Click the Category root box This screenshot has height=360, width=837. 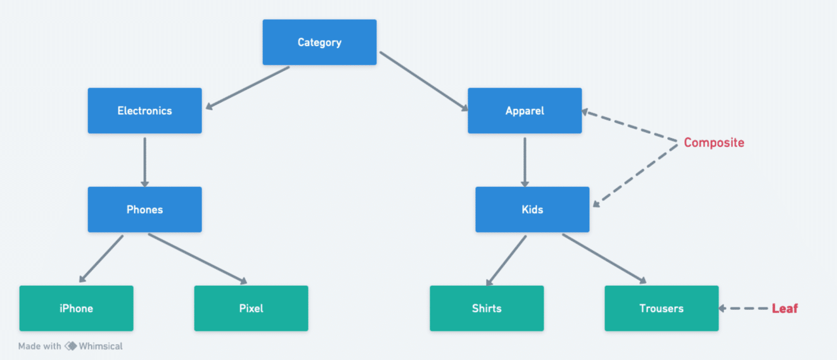[319, 42]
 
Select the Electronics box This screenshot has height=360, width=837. [144, 111]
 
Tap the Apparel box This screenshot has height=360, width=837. [525, 111]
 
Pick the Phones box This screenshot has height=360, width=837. [144, 210]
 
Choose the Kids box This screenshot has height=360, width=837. [532, 210]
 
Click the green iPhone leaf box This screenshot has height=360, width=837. [76, 309]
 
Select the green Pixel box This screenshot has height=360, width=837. [251, 309]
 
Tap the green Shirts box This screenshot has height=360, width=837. [487, 309]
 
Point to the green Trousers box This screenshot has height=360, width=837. [661, 309]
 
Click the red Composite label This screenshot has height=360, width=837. [713, 143]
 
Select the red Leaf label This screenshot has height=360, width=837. [784, 309]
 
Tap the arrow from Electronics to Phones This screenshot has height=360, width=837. [144, 161]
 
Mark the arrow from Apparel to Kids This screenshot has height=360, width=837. [525, 161]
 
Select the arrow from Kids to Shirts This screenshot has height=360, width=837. [506, 260]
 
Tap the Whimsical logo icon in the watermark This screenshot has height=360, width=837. [70, 346]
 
